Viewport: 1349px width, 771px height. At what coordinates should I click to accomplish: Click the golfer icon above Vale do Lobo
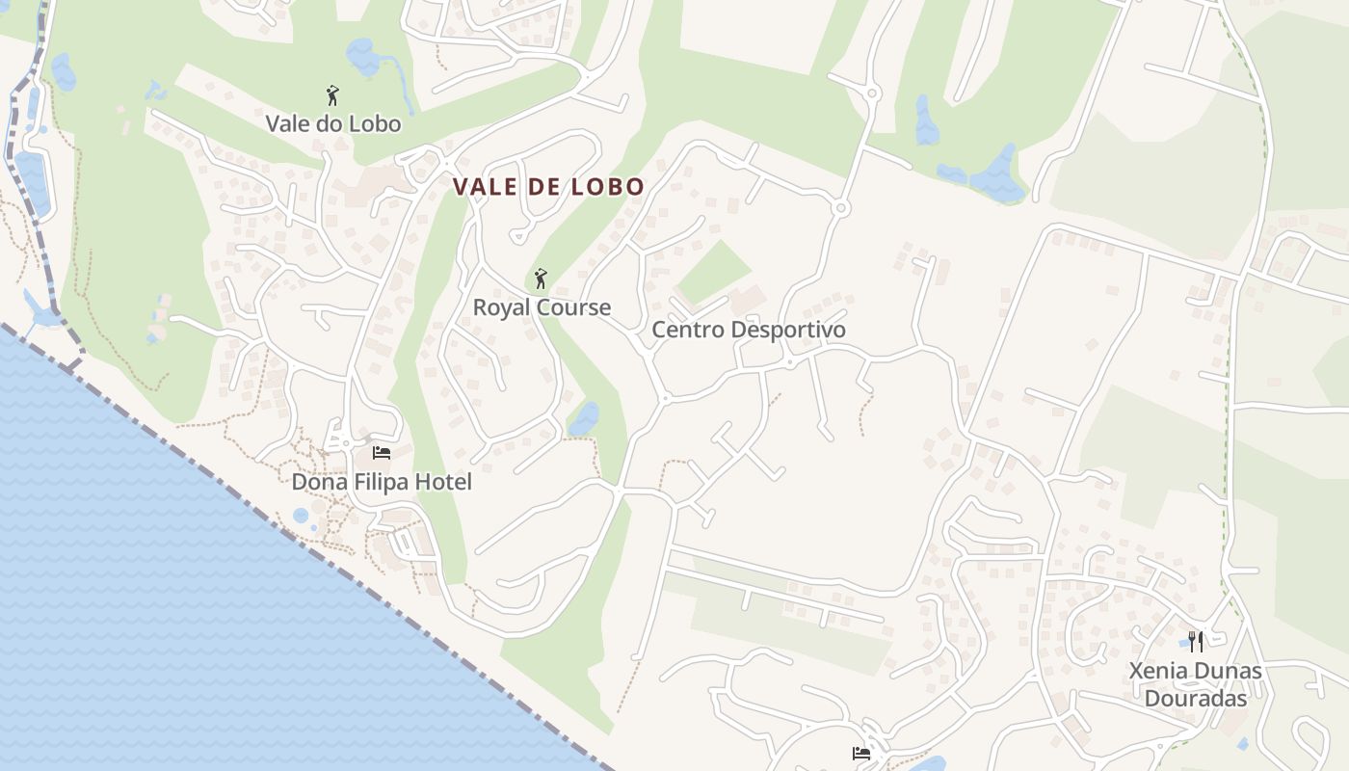[x=332, y=95]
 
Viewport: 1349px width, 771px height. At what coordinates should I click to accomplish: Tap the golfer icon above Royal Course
[x=541, y=279]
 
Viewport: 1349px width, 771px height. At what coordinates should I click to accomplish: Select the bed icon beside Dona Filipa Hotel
[x=382, y=452]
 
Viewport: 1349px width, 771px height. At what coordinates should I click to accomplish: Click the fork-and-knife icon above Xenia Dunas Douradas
[x=1196, y=641]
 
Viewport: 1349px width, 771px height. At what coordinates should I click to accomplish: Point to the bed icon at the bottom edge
[x=861, y=754]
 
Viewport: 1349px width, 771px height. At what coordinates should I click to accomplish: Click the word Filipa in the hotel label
[x=380, y=481]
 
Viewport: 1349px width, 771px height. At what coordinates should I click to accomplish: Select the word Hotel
[x=444, y=481]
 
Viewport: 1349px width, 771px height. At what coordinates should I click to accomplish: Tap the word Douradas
[x=1196, y=699]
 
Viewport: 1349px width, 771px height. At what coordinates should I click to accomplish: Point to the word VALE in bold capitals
[x=486, y=187]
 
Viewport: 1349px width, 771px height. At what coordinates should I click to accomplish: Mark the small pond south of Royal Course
[x=583, y=419]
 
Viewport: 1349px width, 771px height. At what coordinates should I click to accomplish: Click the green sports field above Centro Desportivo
[x=714, y=273]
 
